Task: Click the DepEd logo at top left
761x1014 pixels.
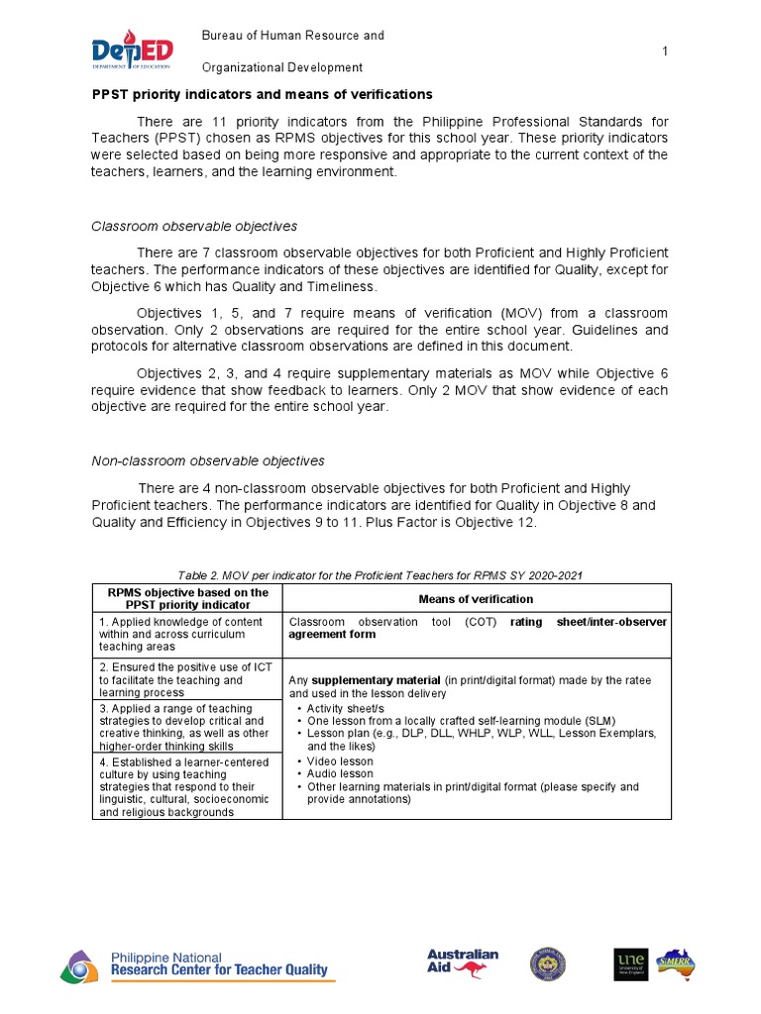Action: [132, 51]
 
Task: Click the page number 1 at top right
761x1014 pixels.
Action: [665, 51]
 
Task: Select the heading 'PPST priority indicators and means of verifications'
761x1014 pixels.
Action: [262, 95]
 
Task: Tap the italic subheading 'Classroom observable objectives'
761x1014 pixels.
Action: [194, 227]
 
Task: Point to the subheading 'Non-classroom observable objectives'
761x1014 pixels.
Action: [208, 460]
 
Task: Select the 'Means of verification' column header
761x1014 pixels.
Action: [476, 599]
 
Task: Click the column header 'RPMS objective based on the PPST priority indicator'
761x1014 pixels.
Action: [187, 599]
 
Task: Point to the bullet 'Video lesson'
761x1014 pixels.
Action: [340, 761]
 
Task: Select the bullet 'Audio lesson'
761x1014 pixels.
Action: [340, 773]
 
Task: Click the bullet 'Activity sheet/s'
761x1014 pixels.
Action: [349, 708]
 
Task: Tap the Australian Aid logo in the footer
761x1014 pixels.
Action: [463, 963]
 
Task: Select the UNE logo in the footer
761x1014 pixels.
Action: [630, 963]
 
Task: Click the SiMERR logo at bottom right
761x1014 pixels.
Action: [677, 963]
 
